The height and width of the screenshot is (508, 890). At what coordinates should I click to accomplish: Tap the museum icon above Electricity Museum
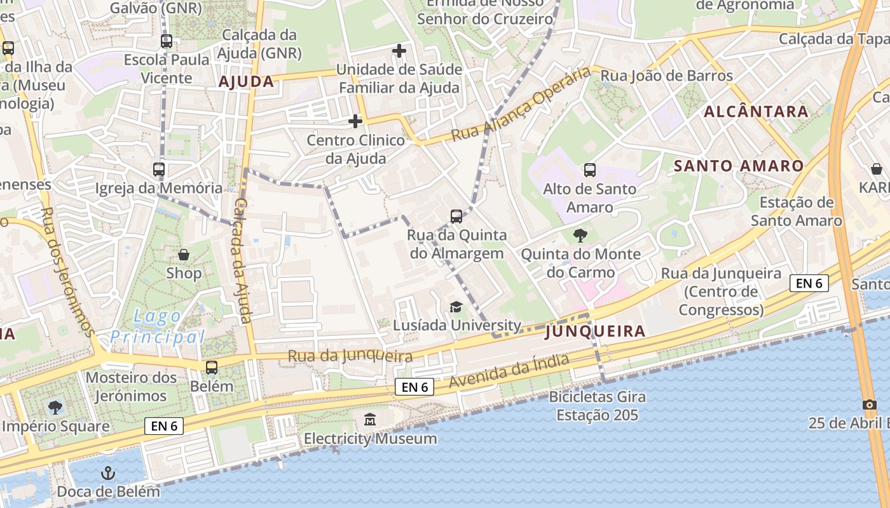point(370,419)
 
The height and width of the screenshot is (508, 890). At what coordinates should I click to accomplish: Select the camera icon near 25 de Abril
point(869,404)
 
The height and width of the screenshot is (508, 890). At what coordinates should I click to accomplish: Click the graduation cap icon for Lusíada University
point(456,307)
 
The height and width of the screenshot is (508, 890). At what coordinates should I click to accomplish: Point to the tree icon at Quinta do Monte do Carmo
point(580,236)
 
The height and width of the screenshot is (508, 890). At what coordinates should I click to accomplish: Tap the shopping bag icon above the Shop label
point(184,255)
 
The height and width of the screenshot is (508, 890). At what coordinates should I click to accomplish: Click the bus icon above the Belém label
point(212,368)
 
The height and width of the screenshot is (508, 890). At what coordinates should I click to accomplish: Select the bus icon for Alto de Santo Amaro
point(590,170)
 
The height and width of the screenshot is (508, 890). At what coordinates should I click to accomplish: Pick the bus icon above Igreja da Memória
point(159,170)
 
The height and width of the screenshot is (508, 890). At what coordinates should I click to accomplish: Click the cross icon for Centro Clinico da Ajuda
point(355,121)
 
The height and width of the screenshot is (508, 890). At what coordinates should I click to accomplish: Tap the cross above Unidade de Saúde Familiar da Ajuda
point(399,51)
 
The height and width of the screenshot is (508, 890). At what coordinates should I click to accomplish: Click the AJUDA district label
point(246,81)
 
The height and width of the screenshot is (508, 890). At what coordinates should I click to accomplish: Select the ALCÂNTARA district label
point(756,112)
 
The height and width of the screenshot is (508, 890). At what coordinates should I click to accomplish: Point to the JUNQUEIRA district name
point(595,331)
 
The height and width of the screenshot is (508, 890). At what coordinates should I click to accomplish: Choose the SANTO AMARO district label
point(739,166)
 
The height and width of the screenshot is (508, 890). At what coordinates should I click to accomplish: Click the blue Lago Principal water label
point(157,326)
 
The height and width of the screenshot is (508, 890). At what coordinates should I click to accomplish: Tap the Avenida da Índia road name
point(509,371)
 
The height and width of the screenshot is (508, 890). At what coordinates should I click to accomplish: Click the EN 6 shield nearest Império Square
point(165,426)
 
